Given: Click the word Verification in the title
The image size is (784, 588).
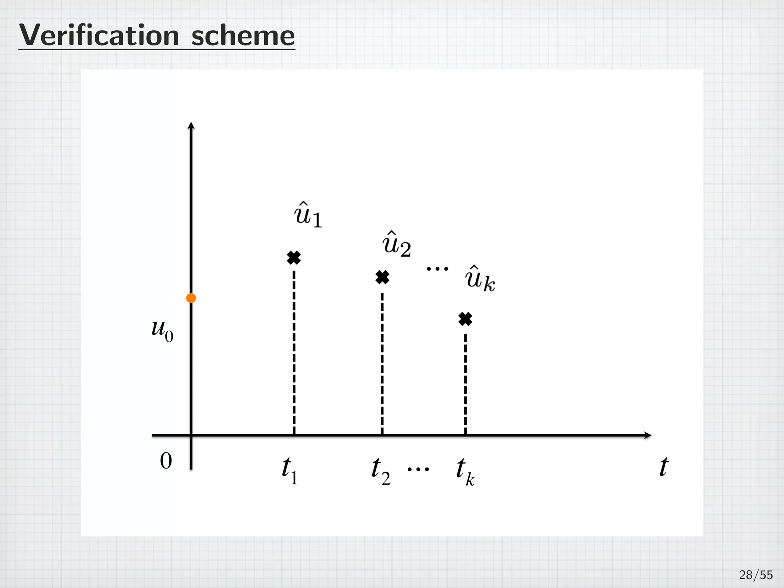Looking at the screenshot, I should (x=99, y=36).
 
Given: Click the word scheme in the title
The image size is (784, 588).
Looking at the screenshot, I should (x=243, y=36).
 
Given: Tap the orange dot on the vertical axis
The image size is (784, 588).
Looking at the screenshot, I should (x=191, y=298).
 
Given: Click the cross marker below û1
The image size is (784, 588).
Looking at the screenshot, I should (x=294, y=258).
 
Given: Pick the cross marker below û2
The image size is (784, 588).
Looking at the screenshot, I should (x=382, y=277).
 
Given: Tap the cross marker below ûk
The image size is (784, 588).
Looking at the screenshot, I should (x=465, y=318).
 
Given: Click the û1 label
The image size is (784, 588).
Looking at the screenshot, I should (x=308, y=215).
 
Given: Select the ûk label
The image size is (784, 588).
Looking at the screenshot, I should (x=480, y=279).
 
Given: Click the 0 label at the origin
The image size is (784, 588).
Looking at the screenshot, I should (x=166, y=461).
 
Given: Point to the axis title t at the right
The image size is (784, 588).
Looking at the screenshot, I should (x=663, y=467).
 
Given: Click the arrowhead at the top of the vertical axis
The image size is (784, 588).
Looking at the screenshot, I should (x=191, y=126).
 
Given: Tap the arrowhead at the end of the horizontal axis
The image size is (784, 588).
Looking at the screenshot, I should (x=647, y=435).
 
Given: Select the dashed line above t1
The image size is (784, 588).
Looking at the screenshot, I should (x=294, y=352).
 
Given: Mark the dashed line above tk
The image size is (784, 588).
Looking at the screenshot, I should (x=465, y=383).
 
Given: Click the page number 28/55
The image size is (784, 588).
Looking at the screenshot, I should (x=756, y=575).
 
